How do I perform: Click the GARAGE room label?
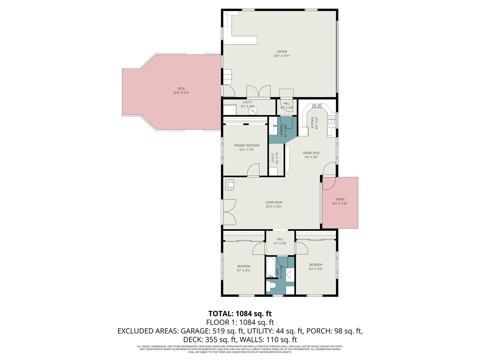(x=282, y=52)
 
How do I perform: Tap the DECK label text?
(x=181, y=89)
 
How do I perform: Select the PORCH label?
(x=340, y=199)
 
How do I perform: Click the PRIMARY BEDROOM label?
(x=246, y=145)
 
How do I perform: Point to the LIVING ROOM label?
(x=274, y=202)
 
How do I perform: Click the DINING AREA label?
(x=311, y=153)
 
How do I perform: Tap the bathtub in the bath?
(x=270, y=268)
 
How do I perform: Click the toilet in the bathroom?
(x=271, y=286)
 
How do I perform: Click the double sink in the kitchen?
(x=331, y=119)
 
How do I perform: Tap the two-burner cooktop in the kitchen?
(x=317, y=106)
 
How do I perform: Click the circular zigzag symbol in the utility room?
(x=253, y=111)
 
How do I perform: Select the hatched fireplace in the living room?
(x=229, y=185)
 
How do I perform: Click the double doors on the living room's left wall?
(x=229, y=212)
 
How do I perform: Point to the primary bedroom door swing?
(x=253, y=170)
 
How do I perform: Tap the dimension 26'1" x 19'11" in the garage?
(x=282, y=56)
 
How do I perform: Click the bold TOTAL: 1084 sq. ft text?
(x=240, y=313)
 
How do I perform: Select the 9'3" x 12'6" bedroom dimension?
(x=316, y=269)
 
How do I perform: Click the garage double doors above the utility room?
(x=258, y=91)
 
